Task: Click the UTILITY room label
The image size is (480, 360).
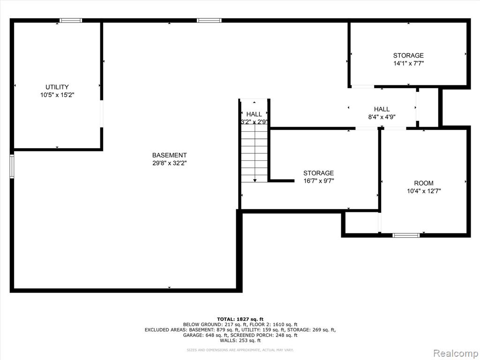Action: pyautogui.click(x=57, y=87)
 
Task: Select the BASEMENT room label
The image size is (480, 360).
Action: pyautogui.click(x=169, y=155)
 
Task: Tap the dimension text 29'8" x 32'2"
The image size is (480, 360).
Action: pyautogui.click(x=170, y=163)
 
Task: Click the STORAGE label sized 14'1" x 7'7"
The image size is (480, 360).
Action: pyautogui.click(x=408, y=55)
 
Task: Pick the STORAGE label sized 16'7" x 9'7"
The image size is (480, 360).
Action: pyautogui.click(x=318, y=173)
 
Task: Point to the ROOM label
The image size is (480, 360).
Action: pyautogui.click(x=424, y=183)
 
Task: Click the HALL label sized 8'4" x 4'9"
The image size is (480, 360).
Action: pyautogui.click(x=382, y=109)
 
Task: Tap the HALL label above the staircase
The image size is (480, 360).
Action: pyautogui.click(x=254, y=114)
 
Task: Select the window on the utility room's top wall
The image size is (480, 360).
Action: pyautogui.click(x=71, y=21)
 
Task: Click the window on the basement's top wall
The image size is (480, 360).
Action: pyautogui.click(x=209, y=21)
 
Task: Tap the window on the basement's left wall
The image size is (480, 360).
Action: pyautogui.click(x=12, y=166)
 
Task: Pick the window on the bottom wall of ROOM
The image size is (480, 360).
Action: pyautogui.click(x=406, y=235)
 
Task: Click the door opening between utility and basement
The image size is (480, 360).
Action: pyautogui.click(x=102, y=113)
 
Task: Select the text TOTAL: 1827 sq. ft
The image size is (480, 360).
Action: pyautogui.click(x=240, y=319)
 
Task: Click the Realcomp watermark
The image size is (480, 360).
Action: pyautogui.click(x=455, y=353)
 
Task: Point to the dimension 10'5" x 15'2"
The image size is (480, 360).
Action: pyautogui.click(x=57, y=95)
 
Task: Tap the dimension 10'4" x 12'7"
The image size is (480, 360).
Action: pyautogui.click(x=424, y=191)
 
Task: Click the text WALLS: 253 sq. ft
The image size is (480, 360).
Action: pyautogui.click(x=240, y=340)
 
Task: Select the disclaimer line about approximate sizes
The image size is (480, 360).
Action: pyautogui.click(x=240, y=350)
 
